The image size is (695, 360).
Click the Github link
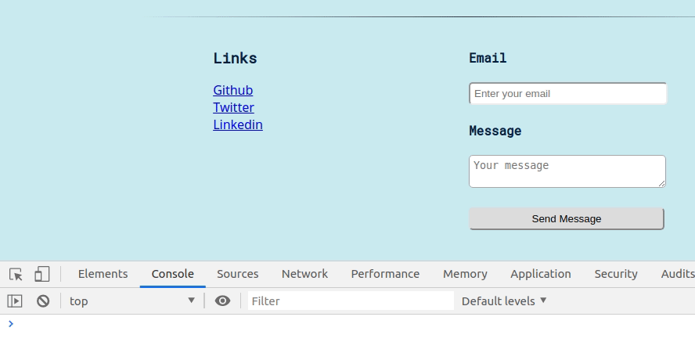click(232, 91)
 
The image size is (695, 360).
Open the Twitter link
click(233, 108)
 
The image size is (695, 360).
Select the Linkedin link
click(237, 125)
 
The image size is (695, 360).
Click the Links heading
click(235, 59)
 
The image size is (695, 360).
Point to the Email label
click(488, 58)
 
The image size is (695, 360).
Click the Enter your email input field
click(567, 94)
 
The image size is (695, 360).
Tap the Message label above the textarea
click(495, 131)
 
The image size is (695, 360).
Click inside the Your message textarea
click(567, 171)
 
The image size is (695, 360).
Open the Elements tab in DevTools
click(103, 274)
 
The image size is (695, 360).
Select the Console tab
click(172, 274)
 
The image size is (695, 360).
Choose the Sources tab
click(237, 274)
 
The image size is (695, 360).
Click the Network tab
click(304, 274)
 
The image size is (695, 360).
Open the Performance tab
click(385, 274)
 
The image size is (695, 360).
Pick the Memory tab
click(465, 274)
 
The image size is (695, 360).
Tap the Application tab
click(540, 274)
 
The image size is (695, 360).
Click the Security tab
click(615, 274)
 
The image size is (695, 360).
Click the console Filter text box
click(350, 301)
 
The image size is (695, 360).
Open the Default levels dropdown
click(504, 301)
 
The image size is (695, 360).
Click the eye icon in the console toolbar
click(222, 301)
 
